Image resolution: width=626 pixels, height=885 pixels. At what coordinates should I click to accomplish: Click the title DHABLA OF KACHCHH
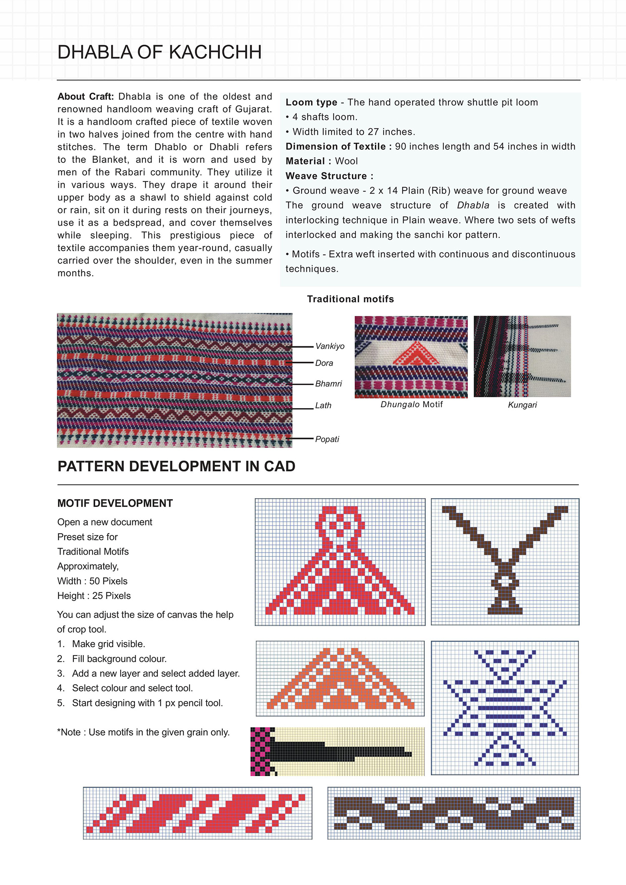(x=159, y=53)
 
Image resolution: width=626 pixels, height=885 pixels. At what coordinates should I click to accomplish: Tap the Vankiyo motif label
(x=330, y=346)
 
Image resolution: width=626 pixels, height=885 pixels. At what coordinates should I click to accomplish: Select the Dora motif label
(x=324, y=363)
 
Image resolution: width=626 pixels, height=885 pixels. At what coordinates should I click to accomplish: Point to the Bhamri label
(x=328, y=384)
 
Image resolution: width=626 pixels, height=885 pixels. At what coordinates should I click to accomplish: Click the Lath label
(x=323, y=406)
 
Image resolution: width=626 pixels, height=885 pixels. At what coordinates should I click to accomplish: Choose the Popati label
(x=327, y=439)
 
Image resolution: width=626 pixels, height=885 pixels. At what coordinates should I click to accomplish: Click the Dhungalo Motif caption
(x=411, y=405)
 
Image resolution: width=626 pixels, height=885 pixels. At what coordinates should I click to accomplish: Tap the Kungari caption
(x=522, y=405)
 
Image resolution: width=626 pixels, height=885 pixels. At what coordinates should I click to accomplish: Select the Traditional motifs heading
(x=351, y=299)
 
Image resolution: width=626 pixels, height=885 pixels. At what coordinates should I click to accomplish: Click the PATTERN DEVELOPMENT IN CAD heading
(x=176, y=466)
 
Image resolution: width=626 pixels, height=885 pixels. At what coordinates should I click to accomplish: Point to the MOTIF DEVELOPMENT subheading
(x=115, y=504)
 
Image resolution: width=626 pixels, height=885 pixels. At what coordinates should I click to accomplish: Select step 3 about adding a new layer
(x=156, y=673)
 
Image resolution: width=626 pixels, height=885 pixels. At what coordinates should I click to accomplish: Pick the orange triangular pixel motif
(x=340, y=684)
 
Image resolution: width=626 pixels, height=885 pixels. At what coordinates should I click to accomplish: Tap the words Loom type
(x=311, y=103)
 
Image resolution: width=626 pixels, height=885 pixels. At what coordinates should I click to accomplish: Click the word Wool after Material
(x=346, y=161)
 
